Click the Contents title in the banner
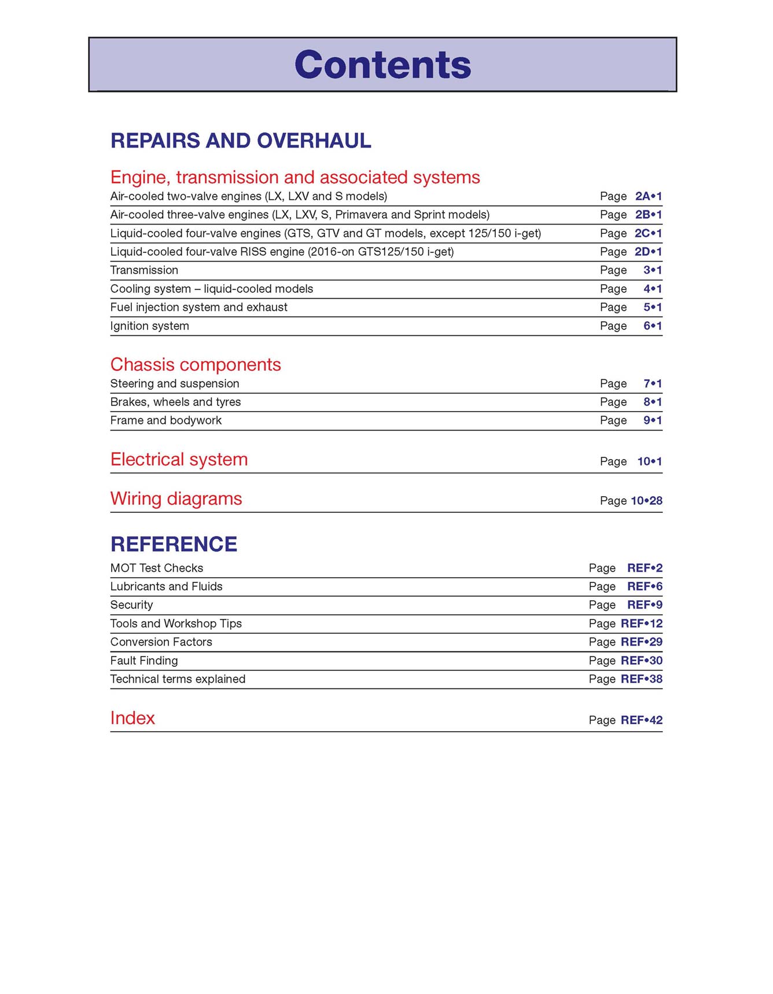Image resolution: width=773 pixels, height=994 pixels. click(382, 64)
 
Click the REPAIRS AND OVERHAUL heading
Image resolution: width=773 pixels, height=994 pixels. click(241, 141)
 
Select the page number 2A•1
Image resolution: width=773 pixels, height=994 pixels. click(648, 196)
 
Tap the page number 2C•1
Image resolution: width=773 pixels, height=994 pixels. click(648, 233)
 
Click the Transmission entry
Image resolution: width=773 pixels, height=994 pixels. click(144, 270)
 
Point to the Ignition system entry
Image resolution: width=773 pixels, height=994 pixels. click(149, 326)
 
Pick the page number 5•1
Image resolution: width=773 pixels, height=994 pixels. click(652, 307)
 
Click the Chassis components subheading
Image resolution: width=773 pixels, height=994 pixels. click(196, 365)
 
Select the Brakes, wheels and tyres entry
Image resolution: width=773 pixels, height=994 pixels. click(175, 402)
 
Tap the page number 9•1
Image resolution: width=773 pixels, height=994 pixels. click(652, 420)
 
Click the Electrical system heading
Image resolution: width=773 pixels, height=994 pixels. click(179, 460)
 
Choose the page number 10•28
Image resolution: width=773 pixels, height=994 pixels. click(646, 501)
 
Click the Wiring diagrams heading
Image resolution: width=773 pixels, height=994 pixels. click(176, 499)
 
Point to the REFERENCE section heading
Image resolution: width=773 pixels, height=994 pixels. click(174, 544)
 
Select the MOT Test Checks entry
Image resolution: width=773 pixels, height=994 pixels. click(156, 568)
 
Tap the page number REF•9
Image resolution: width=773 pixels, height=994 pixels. click(645, 605)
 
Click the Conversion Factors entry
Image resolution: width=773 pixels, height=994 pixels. click(161, 642)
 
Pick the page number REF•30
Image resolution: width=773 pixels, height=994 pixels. click(641, 661)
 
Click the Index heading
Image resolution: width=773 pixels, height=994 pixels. click(132, 718)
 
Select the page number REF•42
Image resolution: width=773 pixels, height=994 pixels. click(641, 720)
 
